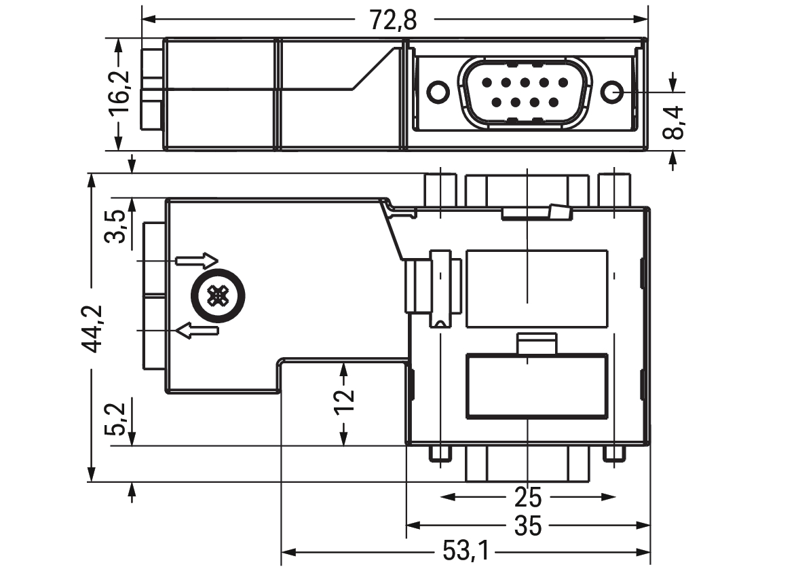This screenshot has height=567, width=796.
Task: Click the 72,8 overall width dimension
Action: pyautogui.click(x=393, y=20)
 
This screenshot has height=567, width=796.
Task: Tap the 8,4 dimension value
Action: pyautogui.click(x=674, y=122)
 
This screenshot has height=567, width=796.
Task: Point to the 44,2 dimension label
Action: pyautogui.click(x=92, y=329)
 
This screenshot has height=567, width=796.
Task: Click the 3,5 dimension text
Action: pyautogui.click(x=115, y=226)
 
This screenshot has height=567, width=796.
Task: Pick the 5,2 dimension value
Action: pyautogui.click(x=115, y=419)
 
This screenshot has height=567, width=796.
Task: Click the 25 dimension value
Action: pyautogui.click(x=528, y=497)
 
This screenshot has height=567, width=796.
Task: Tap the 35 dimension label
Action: pyautogui.click(x=528, y=526)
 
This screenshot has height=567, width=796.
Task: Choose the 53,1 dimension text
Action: pyautogui.click(x=466, y=551)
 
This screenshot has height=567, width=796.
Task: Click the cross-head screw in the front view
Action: pyautogui.click(x=219, y=295)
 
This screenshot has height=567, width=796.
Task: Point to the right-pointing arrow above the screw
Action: pyautogui.click(x=197, y=261)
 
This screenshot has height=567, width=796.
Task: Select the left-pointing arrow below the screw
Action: pyautogui.click(x=197, y=330)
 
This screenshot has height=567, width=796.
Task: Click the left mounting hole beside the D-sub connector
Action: pyautogui.click(x=438, y=92)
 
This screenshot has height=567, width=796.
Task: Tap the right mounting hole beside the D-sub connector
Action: pyautogui.click(x=612, y=92)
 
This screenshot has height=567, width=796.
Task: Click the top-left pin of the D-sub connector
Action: pyautogui.click(x=487, y=82)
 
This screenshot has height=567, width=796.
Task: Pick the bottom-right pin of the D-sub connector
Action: pyautogui.click(x=553, y=103)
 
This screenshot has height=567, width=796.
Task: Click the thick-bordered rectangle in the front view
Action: pyautogui.click(x=537, y=386)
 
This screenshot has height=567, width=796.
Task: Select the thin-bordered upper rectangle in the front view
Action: pyautogui.click(x=537, y=289)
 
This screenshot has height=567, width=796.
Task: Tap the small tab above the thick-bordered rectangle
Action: pyautogui.click(x=537, y=344)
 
